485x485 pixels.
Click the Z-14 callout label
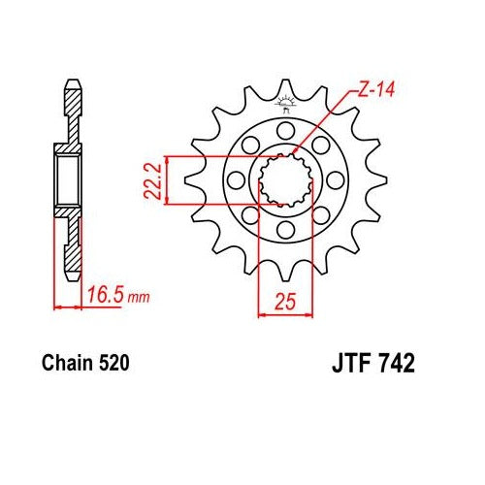(376, 89)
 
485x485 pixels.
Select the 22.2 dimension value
(152, 180)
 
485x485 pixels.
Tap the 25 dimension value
(285, 302)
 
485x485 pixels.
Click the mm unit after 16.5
(139, 297)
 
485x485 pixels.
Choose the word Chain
(67, 363)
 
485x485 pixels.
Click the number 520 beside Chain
(114, 363)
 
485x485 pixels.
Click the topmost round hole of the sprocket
(286, 131)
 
